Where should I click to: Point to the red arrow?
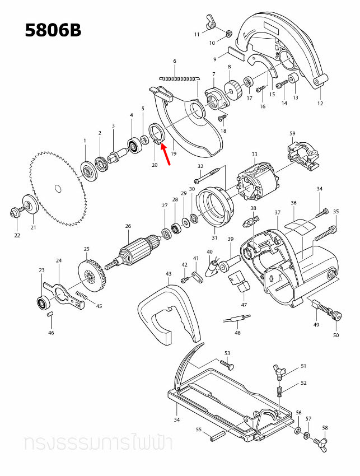tap(167, 156)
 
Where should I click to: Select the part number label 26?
tap(128, 226)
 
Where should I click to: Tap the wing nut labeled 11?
tap(211, 22)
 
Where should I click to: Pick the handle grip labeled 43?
tap(168, 314)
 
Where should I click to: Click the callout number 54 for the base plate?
tap(176, 419)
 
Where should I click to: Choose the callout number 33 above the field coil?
tap(254, 155)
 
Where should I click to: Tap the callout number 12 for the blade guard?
tap(320, 103)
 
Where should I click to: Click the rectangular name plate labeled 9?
tap(234, 53)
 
